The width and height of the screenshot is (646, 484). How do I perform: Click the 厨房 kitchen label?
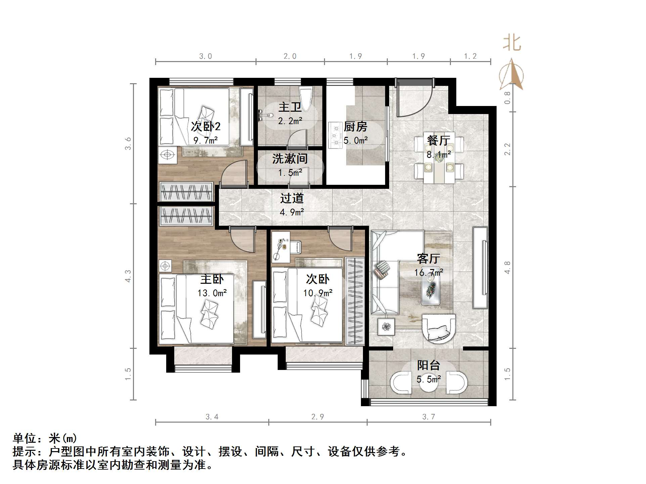click(355, 127)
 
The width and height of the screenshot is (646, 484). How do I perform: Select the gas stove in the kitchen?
click(335, 135)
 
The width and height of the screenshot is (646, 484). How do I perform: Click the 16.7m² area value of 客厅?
click(428, 272)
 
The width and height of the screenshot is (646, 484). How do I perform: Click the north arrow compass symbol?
click(511, 76)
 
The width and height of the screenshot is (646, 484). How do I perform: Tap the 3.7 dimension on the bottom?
click(428, 417)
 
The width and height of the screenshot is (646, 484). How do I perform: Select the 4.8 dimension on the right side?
click(507, 267)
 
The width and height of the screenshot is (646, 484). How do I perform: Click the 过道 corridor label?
click(292, 198)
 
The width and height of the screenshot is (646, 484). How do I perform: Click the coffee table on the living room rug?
click(431, 290)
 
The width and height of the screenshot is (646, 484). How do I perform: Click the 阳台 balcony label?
click(428, 365)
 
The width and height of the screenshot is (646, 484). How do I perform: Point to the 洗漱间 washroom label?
click(290, 159)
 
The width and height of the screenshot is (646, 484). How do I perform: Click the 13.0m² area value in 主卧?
click(212, 293)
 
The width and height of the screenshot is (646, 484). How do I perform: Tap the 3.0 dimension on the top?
click(205, 56)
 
